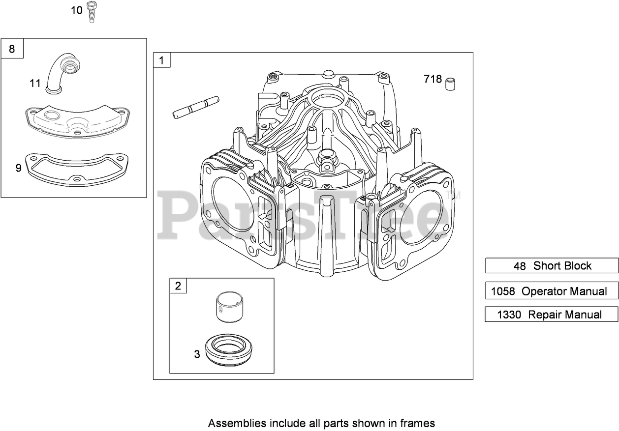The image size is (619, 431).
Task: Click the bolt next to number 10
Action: pyautogui.click(x=91, y=11)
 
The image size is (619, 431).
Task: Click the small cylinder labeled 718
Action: pyautogui.click(x=450, y=84)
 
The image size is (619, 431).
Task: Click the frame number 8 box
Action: pyautogui.click(x=12, y=49)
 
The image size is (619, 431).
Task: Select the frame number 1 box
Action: pyautogui.click(x=162, y=61)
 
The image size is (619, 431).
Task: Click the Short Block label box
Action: pyautogui.click(x=552, y=266)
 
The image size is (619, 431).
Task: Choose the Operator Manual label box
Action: pyautogui.click(x=552, y=291)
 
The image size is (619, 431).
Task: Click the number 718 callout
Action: pyautogui.click(x=433, y=79)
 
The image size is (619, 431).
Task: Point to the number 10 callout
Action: pyautogui.click(x=77, y=10)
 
